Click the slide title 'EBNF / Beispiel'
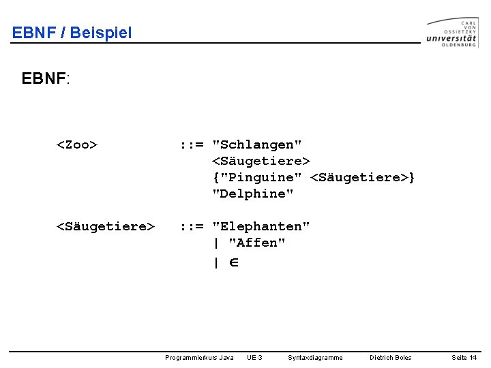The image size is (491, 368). pos(72,32)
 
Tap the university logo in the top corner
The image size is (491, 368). pos(452,32)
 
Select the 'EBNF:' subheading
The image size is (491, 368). pos(46,78)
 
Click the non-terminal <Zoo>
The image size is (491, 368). pos(76,144)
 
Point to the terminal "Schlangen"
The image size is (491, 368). pos(257,144)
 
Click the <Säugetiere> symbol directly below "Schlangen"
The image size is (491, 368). pos(261,161)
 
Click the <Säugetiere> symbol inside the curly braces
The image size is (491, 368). pos(359,177)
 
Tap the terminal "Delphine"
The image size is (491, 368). pos(253,194)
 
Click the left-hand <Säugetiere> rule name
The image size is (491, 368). pos(105,226)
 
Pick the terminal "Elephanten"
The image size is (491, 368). pos(261,226)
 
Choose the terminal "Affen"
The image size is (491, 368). pos(257,243)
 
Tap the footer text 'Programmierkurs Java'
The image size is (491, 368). pos(199,357)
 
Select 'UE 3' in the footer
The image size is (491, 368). pos(254,357)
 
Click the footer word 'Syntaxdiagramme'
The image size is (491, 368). pos(315,357)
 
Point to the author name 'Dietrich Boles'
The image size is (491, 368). pos(390,357)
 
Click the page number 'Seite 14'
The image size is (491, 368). pos(464,357)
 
